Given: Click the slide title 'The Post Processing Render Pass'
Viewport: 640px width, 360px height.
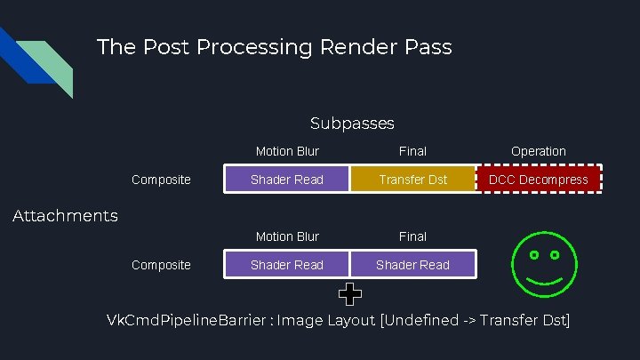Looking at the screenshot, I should coord(274,46).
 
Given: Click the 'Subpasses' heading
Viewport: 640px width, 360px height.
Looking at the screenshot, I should coord(352,123).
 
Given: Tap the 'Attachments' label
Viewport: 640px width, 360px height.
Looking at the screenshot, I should coord(65,215).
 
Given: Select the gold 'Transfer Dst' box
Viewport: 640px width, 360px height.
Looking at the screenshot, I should coord(412,180).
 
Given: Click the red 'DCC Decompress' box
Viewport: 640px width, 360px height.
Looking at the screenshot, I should coord(539,180).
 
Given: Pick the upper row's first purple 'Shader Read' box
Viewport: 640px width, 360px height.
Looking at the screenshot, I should coord(287,180).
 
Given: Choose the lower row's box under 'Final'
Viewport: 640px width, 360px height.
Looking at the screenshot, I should coord(412,265).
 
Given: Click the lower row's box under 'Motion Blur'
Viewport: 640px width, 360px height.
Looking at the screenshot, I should coord(287,265).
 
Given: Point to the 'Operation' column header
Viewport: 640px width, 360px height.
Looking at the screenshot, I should coord(539,151).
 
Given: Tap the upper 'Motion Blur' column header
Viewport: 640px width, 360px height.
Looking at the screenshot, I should coord(287,151).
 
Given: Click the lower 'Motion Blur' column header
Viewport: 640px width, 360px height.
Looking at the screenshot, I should coord(287,236).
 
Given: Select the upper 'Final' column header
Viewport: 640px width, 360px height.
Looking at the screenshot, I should coord(412,151).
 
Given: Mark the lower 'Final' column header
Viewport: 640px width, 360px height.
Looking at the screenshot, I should coord(412,236).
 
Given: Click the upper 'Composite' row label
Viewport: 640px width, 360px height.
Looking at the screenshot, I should coord(161,180).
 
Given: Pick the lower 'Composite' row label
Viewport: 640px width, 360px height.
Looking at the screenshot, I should coord(161,265).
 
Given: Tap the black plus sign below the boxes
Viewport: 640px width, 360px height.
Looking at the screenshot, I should coord(350,292).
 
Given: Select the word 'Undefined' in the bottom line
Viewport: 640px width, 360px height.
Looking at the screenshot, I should coord(420,320).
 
